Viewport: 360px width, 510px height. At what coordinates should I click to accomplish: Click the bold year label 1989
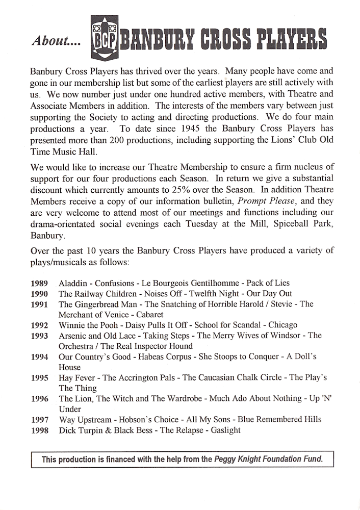pyautogui.click(x=39, y=283)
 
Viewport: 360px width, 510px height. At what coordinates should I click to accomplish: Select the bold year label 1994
pyautogui.click(x=39, y=357)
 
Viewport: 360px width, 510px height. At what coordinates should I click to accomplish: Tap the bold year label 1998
pyautogui.click(x=39, y=430)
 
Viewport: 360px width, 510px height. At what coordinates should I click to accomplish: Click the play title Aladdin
pyautogui.click(x=74, y=283)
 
